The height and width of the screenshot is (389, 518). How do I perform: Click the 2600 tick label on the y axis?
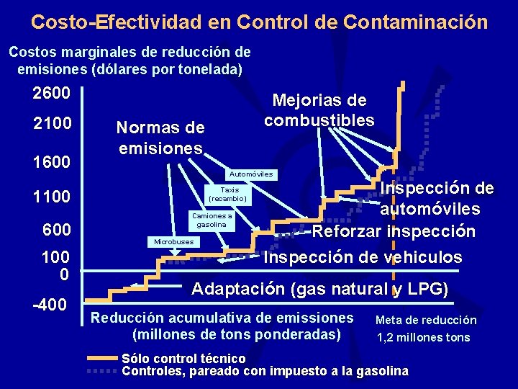pos(51,94)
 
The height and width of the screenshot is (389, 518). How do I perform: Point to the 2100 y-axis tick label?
pos(51,124)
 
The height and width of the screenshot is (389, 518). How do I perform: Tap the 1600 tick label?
pos(51,161)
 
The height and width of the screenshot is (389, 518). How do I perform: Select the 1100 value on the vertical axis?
pos(51,197)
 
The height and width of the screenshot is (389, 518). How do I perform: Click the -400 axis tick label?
pos(50,305)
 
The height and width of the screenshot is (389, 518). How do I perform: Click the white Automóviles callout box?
pos(250,174)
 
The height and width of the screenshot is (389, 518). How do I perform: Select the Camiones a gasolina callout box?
pos(211,220)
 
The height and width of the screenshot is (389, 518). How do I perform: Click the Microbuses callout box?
pos(173,241)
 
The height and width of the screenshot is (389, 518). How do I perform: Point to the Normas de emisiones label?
pos(160,138)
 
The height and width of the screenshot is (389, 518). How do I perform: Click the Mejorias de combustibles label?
pos(319,110)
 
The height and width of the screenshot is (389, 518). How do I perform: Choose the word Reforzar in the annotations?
pos(346,232)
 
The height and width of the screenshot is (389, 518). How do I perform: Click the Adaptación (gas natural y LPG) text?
pos(319,290)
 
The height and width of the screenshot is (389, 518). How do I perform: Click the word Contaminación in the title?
pos(415,22)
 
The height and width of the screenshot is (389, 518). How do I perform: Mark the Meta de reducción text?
pos(426,320)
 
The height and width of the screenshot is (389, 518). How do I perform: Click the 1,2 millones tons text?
pos(423,337)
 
